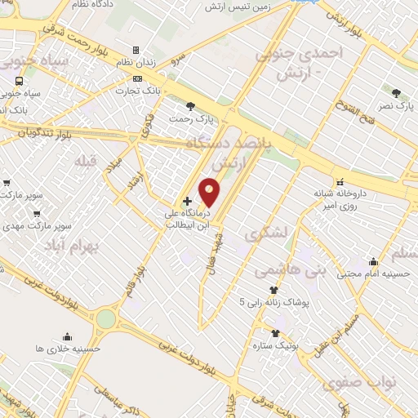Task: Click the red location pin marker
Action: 210,192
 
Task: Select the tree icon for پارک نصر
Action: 396,93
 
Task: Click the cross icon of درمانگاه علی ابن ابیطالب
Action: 188,200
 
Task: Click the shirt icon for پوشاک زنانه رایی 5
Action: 273,290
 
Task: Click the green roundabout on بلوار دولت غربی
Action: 106,318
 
